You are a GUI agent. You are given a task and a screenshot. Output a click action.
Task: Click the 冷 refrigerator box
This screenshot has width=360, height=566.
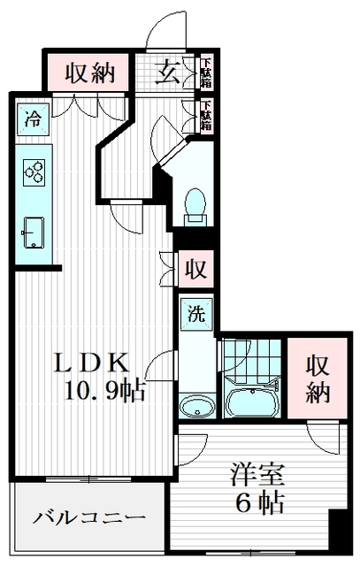(32, 119)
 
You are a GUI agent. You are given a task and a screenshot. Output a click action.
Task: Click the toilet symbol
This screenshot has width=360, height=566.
(195, 204)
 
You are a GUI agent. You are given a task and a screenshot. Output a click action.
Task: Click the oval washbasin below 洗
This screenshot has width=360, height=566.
(196, 407)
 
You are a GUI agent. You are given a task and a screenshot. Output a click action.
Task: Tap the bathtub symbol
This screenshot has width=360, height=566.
(253, 402)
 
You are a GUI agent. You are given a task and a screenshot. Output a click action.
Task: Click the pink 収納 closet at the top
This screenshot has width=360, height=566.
(89, 73)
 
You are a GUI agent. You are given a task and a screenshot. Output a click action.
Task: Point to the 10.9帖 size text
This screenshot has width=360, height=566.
(103, 389)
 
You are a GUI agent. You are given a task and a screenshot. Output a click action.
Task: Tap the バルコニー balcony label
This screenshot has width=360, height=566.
(88, 517)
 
